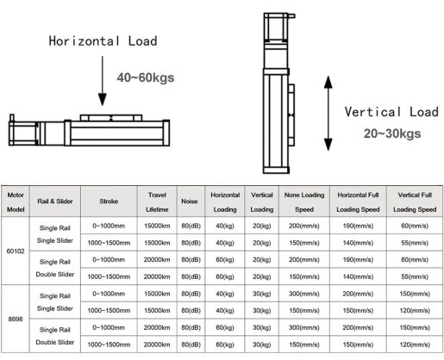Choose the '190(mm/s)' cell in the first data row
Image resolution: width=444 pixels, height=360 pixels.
[355, 225]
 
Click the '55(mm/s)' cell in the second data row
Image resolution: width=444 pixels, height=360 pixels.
[415, 243]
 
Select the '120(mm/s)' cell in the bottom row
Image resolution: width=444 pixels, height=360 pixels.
[415, 344]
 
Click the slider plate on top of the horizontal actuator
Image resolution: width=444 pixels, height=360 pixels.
[108, 115]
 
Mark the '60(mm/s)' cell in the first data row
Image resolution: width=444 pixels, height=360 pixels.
[415, 225]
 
